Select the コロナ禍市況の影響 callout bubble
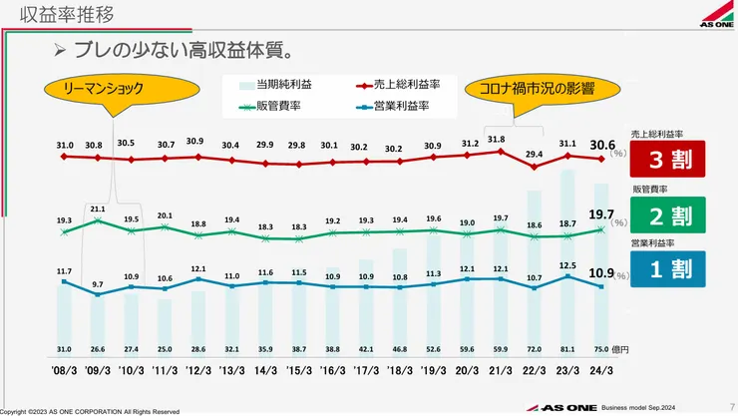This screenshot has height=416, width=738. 538,88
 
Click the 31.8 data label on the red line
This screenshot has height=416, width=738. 496,140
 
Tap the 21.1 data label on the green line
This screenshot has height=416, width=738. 98,209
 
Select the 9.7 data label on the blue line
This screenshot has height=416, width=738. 98,285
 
